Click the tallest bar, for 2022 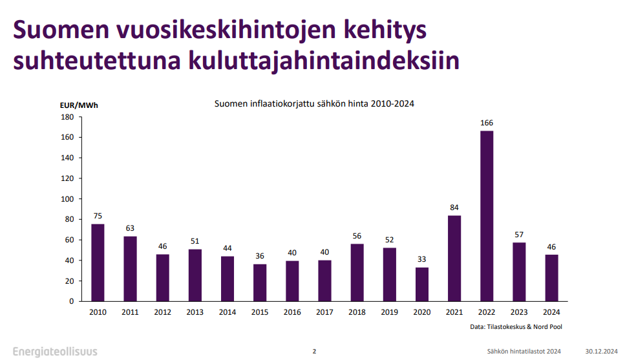487,216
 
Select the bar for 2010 98,262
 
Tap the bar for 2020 422,284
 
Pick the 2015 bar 260,282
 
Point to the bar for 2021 454,258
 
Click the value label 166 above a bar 487,123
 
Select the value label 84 454,207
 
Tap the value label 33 422,260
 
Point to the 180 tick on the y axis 67,117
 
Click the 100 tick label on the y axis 67,199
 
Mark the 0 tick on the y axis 72,301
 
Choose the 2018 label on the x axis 357,312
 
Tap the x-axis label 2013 195,312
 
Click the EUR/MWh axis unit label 78,105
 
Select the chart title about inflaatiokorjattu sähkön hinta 314,103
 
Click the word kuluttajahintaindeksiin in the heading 324,61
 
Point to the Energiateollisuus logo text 55,351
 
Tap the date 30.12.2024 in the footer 601,352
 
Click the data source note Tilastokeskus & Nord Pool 516,327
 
